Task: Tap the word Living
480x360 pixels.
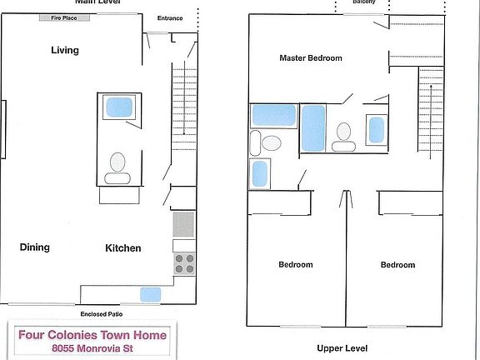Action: click(65, 50)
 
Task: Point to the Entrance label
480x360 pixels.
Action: click(171, 18)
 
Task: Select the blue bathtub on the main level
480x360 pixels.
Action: click(119, 107)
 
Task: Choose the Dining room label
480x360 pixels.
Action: click(35, 247)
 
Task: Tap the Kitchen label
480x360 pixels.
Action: click(122, 248)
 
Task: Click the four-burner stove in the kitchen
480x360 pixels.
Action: click(184, 263)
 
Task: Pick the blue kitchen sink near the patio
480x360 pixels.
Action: click(151, 293)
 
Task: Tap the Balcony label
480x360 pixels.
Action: click(364, 2)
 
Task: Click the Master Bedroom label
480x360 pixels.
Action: click(311, 58)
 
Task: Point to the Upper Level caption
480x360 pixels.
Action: click(342, 348)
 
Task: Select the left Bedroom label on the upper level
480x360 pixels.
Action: click(295, 265)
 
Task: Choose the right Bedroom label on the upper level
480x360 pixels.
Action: click(397, 265)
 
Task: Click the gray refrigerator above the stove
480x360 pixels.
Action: click(183, 224)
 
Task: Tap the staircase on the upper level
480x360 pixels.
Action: click(430, 112)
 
